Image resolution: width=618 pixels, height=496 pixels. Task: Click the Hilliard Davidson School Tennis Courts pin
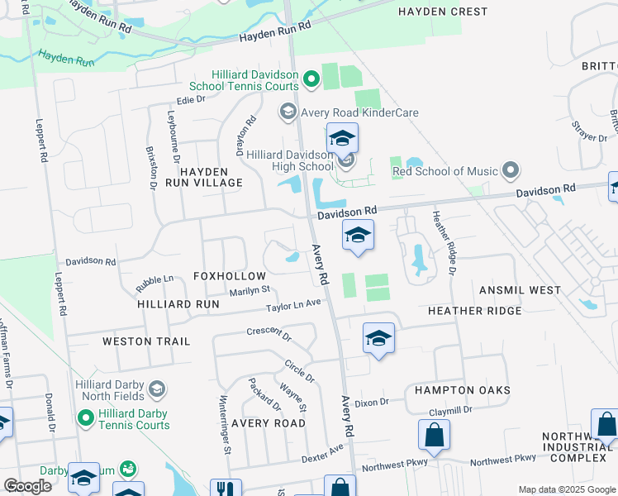[x=311, y=79]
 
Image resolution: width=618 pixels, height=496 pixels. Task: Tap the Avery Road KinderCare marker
[x=288, y=112]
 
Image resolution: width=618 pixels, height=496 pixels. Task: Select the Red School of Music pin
[x=511, y=171]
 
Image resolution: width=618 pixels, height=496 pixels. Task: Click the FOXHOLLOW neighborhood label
[x=230, y=275]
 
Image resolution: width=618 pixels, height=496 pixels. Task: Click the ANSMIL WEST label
[x=520, y=290]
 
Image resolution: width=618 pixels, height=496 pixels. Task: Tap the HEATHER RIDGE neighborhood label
[x=474, y=310]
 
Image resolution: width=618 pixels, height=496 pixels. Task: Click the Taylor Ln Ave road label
[x=292, y=305]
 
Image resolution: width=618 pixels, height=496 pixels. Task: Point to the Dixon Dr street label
[x=371, y=403]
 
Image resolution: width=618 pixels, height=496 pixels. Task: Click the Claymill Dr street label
[x=450, y=410]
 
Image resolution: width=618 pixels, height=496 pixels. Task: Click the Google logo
[x=27, y=486]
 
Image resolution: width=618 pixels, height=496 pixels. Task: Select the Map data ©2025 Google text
[x=567, y=489]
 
